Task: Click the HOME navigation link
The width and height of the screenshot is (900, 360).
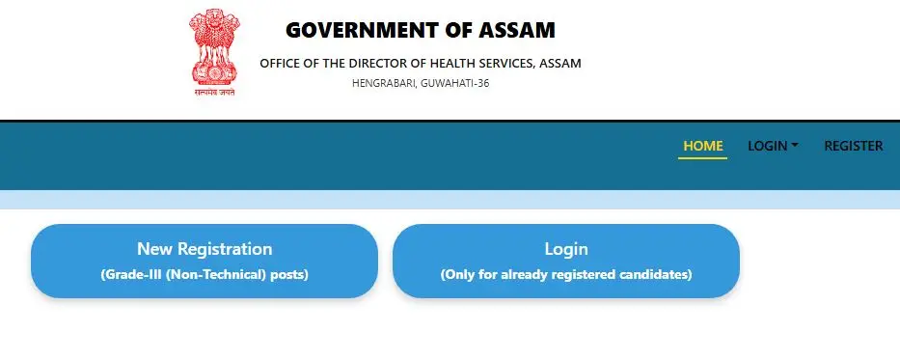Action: (x=702, y=146)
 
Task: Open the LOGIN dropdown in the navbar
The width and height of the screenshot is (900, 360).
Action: (x=772, y=146)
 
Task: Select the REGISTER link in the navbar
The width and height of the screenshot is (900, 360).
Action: (x=853, y=146)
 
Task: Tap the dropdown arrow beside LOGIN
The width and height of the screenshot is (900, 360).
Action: (x=795, y=146)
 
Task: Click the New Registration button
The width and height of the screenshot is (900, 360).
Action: (x=204, y=261)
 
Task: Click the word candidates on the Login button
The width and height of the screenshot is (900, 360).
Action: (x=657, y=275)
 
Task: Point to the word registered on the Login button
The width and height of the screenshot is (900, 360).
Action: (x=587, y=275)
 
